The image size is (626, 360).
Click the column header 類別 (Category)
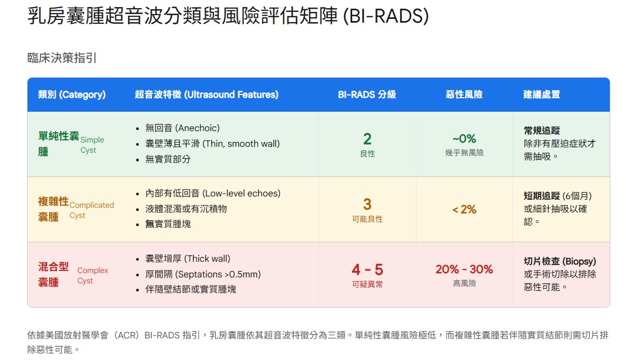(x=72, y=94)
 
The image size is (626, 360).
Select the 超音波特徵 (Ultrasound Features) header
(x=206, y=94)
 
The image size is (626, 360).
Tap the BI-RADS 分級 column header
(x=367, y=94)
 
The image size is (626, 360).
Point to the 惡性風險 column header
(x=464, y=94)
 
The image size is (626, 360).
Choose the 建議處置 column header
(x=541, y=94)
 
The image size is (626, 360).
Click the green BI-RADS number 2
(x=367, y=139)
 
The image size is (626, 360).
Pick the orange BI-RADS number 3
(x=367, y=205)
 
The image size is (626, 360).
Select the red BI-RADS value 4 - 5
(x=367, y=269)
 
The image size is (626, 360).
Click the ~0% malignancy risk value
(x=464, y=139)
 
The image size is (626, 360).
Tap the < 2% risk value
(x=464, y=209)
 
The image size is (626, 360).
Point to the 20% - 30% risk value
(x=464, y=269)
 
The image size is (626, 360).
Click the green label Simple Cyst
(x=92, y=145)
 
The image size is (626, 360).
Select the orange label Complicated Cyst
(x=92, y=210)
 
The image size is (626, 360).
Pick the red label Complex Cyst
(x=93, y=275)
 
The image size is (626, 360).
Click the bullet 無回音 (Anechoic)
(x=183, y=128)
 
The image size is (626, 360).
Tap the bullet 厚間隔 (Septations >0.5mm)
(x=203, y=274)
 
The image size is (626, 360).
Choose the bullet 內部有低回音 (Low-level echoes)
(x=213, y=193)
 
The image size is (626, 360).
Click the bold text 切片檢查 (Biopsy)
(x=558, y=261)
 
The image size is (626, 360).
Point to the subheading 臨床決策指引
(x=62, y=58)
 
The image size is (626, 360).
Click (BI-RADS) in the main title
(x=386, y=16)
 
